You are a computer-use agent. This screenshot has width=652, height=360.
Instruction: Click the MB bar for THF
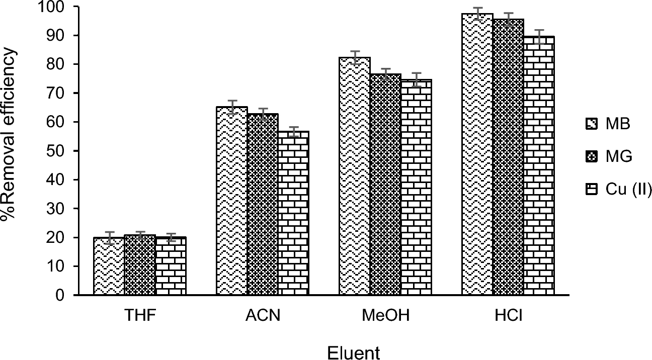click(109, 266)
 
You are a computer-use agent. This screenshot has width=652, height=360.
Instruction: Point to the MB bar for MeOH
click(355, 176)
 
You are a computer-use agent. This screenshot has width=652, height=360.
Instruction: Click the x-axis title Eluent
click(354, 352)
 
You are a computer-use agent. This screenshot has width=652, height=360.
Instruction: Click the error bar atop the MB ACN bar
click(232, 107)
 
